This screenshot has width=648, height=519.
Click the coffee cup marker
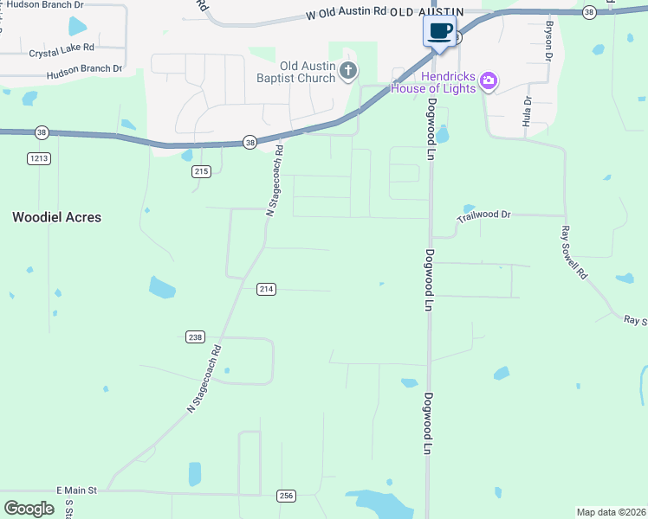439,31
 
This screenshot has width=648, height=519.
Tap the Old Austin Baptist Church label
306,71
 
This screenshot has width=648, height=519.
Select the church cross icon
348,71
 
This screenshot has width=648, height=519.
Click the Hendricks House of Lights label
434,82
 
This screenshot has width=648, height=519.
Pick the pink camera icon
489,81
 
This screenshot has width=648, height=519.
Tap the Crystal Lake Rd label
61,52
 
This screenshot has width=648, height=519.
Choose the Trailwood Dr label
484,214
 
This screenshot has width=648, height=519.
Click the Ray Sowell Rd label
575,252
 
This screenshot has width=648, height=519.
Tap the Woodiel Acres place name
56,217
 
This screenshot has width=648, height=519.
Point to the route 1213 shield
38,158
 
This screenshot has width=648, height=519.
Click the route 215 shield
201,171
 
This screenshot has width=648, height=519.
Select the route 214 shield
266,289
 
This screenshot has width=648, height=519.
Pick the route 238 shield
195,336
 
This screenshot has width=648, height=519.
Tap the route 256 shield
287,495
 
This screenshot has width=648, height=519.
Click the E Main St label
79,490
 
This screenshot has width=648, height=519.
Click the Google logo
29,509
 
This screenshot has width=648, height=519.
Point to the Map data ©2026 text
611,512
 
